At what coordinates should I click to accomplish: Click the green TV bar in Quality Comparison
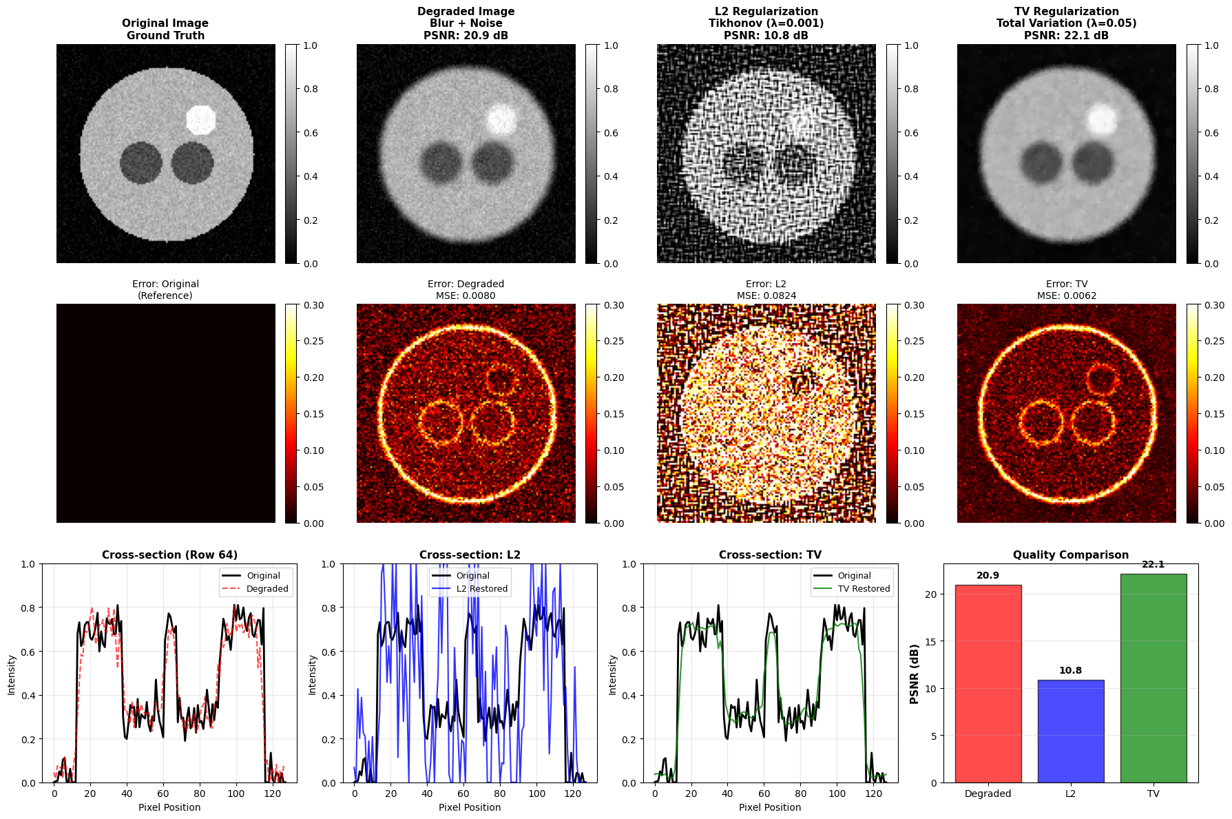[1153, 678]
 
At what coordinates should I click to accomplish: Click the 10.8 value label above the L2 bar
[1070, 670]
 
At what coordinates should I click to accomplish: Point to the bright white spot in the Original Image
[201, 120]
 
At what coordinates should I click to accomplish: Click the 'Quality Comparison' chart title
[1070, 555]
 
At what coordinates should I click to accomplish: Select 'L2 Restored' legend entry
[482, 589]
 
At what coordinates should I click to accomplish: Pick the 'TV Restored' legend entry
[864, 589]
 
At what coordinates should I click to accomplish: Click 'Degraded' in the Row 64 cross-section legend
[267, 589]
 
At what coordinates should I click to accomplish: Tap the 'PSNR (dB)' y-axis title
[915, 674]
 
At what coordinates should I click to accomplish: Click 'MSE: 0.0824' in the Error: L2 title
[766, 296]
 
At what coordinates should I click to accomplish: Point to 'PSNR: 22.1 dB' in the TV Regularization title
[1066, 35]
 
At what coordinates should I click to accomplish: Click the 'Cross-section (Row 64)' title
[169, 555]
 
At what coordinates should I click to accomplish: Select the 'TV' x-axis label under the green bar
[1153, 794]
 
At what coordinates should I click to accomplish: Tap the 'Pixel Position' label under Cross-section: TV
[770, 807]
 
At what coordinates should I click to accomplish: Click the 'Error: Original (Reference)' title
[165, 289]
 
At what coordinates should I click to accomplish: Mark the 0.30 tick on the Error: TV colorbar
[1215, 305]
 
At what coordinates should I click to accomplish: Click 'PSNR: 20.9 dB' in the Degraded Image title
[466, 35]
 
